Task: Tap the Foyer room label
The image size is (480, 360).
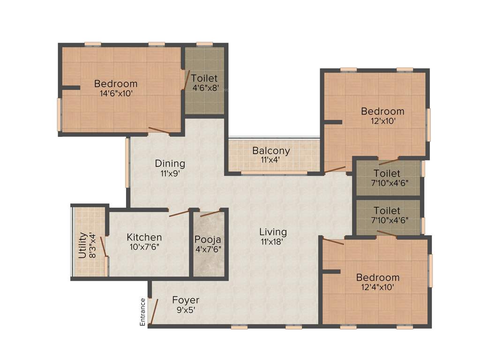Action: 185,300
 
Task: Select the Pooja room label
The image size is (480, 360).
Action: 208,240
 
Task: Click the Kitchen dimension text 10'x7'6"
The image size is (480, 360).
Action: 145,247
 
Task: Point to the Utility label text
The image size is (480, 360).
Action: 82,245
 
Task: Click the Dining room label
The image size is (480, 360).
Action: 170,164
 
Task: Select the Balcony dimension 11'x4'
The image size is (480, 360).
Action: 271,160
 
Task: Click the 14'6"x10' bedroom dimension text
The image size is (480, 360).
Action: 116,93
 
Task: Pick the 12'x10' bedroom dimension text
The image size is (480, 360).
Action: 382,120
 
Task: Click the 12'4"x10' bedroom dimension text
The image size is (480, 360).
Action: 377,286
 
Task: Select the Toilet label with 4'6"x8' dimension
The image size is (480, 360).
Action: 204,78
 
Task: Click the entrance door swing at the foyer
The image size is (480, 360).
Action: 153,311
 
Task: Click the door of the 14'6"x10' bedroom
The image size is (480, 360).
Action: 159,131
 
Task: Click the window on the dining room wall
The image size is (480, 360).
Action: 127,162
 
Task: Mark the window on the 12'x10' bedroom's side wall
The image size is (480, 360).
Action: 428,124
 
